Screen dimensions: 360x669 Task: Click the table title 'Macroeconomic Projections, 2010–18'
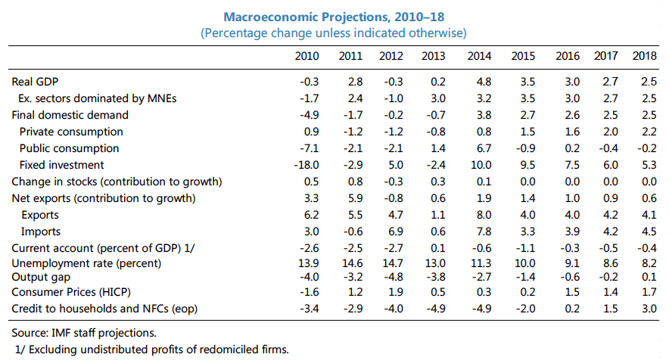pyautogui.click(x=333, y=17)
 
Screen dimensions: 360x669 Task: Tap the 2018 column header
pyautogui.click(x=644, y=57)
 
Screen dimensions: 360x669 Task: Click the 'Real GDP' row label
pyautogui.click(x=35, y=82)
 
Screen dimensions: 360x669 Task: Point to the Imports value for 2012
pyautogui.click(x=394, y=231)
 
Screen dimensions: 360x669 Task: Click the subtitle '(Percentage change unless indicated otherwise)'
pyautogui.click(x=333, y=33)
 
